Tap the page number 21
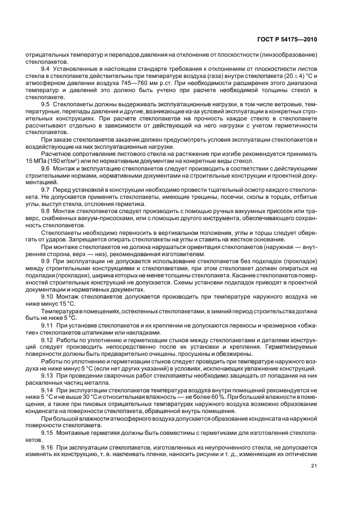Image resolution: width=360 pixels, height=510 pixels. click(314, 465)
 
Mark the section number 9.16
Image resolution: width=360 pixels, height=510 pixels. click(47, 444)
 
